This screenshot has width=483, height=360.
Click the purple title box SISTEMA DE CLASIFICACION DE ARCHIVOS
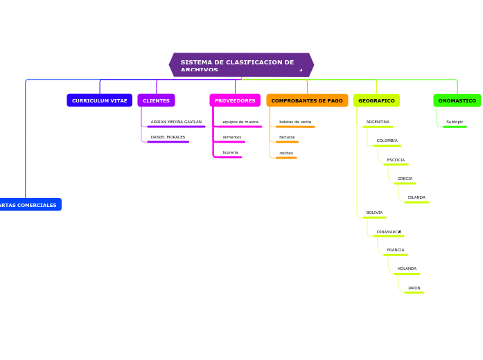240,64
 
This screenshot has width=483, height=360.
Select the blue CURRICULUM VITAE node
99,100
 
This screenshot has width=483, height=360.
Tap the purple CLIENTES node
156,100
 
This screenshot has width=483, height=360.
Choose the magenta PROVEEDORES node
235,100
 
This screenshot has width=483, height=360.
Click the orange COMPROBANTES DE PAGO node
307,100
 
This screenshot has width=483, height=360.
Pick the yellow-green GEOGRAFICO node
376,100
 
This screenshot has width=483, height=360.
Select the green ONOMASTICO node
457,100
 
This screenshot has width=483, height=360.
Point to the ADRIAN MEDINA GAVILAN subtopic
176,122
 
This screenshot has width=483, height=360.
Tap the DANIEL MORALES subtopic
168,137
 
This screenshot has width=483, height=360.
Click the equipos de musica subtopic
240,122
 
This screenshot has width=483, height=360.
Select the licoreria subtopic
230,152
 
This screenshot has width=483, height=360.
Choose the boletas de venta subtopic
295,122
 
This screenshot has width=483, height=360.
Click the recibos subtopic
286,153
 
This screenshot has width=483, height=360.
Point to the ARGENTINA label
378,122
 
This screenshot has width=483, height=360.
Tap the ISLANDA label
416,197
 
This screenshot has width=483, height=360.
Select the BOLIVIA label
374,213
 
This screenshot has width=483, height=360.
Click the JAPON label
414,288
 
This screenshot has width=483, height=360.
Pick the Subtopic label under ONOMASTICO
455,122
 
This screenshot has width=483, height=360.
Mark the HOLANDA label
407,269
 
